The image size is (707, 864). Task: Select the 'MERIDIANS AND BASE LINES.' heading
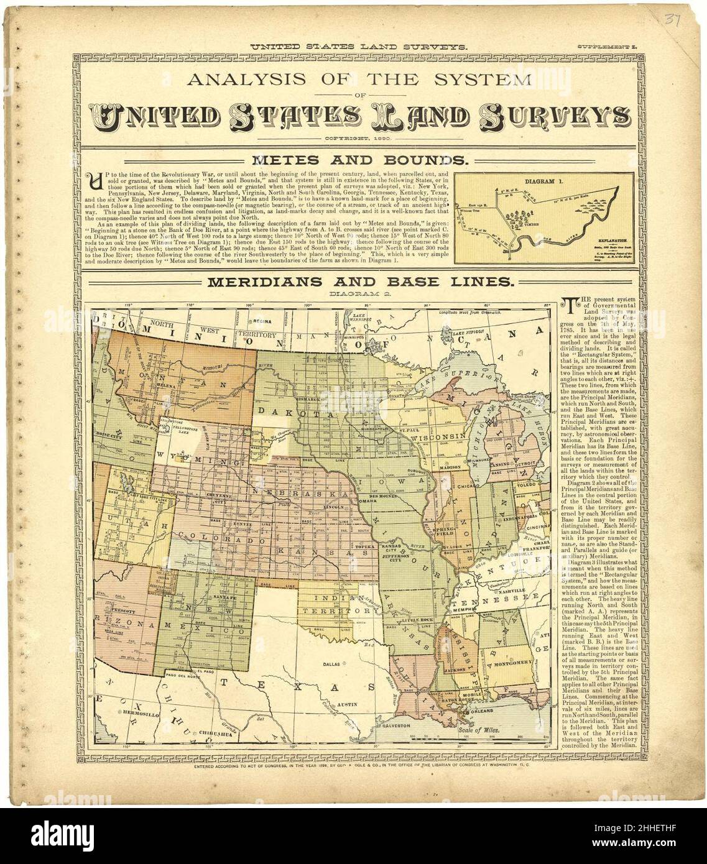pos(360,282)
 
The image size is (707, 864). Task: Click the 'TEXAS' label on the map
pos(290,687)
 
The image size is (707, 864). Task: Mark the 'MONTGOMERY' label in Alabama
pos(511,664)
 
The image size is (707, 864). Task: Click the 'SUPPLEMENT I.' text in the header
pos(605,47)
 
